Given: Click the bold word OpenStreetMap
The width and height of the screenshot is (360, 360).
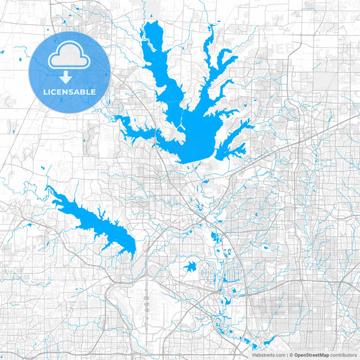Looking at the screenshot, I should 310,355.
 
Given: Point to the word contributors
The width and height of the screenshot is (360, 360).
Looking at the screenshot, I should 344,355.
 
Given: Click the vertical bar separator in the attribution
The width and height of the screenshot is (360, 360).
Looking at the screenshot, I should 287,355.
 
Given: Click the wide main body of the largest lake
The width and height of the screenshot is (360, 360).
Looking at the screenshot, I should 196,138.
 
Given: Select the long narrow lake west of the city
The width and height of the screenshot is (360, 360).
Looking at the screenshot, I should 95,220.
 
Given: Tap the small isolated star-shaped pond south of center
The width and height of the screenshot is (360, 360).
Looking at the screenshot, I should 190,266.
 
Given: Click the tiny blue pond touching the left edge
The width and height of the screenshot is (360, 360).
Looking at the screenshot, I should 3,53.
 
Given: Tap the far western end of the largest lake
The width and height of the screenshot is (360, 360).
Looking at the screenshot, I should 115,118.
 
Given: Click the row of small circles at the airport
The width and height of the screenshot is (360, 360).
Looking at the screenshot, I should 147,304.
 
